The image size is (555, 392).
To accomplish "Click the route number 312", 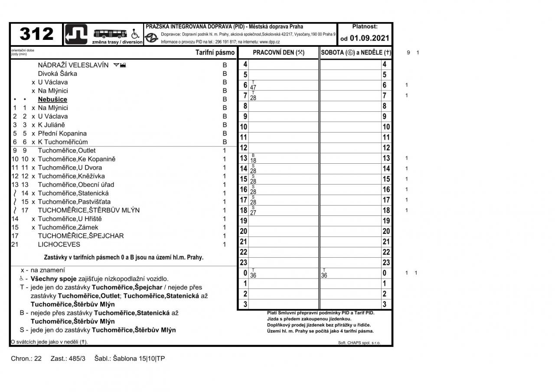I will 37,34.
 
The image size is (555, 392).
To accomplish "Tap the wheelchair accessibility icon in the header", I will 135,33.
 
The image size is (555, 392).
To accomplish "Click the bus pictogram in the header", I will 110,33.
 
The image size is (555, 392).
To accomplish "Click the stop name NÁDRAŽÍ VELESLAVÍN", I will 73,65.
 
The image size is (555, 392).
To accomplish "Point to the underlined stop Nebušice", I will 52,99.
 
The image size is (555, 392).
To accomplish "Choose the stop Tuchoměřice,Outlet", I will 67,150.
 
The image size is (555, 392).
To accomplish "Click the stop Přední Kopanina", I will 62,133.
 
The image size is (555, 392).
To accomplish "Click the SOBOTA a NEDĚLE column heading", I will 356,52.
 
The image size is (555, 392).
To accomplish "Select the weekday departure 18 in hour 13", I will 253,160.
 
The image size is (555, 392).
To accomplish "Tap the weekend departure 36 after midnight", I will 324,275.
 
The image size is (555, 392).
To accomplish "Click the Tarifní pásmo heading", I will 215,52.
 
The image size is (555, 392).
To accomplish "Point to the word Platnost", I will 365,27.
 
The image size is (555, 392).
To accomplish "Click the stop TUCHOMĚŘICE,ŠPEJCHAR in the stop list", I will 81,236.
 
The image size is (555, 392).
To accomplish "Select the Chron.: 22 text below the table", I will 26,359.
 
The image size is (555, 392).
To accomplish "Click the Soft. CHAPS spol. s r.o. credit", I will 359,343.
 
